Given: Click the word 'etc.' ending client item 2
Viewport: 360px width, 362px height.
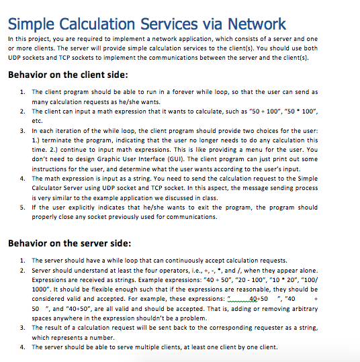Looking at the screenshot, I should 37,119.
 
